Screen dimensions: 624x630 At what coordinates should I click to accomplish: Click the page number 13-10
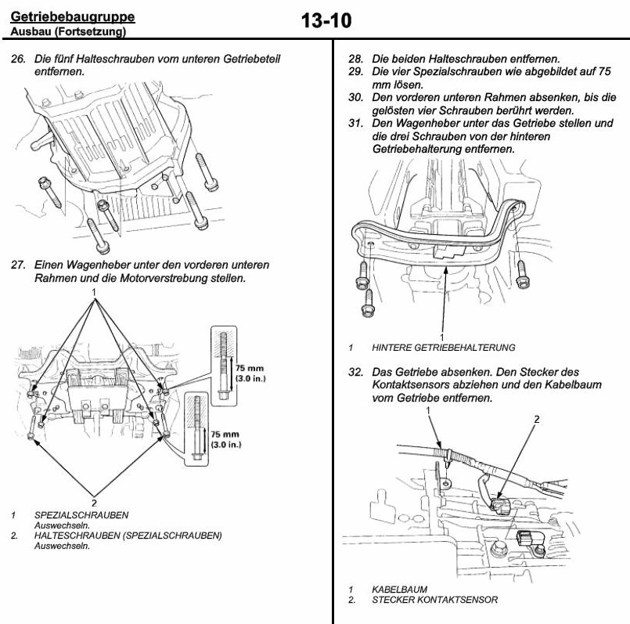point(326,21)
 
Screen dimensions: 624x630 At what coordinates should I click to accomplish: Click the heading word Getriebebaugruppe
point(72,16)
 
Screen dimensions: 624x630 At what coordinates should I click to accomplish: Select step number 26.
point(18,59)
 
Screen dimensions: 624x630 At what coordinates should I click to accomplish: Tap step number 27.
point(18,265)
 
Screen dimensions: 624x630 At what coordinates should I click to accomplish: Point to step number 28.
point(356,59)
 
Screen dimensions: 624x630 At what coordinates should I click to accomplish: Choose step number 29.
point(356,71)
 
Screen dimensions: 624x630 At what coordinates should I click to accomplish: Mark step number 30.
point(356,97)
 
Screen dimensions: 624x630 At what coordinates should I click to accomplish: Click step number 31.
point(356,123)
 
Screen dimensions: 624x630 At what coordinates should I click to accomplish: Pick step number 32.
point(356,372)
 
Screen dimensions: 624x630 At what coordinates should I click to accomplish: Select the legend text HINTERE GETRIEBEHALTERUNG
point(444,348)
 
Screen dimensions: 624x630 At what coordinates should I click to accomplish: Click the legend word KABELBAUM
point(399,590)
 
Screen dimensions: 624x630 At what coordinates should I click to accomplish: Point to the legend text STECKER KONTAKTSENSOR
point(434,601)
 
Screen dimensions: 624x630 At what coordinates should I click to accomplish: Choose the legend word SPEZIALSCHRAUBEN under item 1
point(81,515)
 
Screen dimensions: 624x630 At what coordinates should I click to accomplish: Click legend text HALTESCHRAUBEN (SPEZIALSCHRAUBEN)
point(128,536)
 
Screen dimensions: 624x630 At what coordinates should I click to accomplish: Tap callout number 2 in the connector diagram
point(537,420)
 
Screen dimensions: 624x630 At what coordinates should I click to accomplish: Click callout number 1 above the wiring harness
point(428,409)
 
